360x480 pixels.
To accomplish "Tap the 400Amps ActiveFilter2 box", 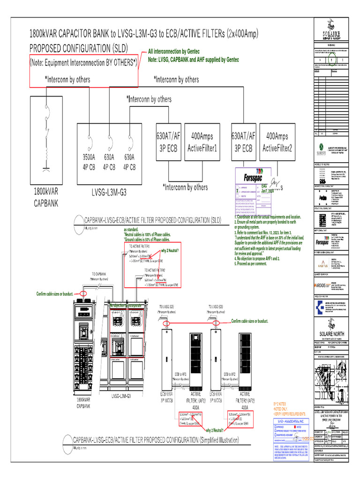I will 277,142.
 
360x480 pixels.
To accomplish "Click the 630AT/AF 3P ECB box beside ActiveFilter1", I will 168,142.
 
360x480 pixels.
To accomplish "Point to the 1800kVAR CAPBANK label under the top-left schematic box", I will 45,197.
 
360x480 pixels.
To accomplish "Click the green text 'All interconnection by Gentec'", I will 173,52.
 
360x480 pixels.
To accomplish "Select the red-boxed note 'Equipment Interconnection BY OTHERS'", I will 84,62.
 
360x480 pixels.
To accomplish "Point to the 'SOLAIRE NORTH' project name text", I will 331,333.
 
